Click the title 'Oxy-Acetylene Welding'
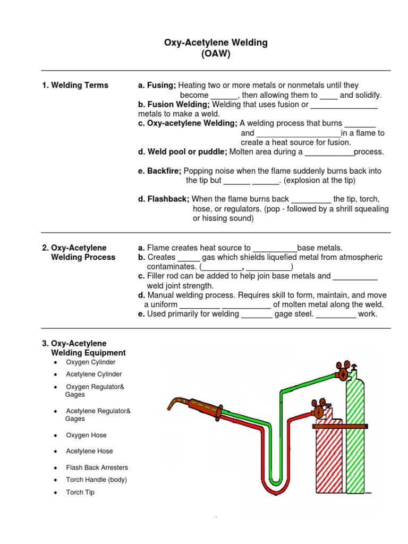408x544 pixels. tap(216, 42)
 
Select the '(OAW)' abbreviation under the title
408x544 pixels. tap(216, 54)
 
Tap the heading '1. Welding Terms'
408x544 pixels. tap(75, 85)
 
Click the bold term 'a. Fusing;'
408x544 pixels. tap(157, 85)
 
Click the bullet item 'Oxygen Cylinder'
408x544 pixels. tap(90, 362)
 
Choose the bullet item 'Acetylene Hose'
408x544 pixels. tap(89, 451)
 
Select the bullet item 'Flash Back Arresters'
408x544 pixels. tap(97, 467)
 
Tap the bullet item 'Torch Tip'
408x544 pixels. tap(80, 492)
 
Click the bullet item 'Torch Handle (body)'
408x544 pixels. tap(96, 480)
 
